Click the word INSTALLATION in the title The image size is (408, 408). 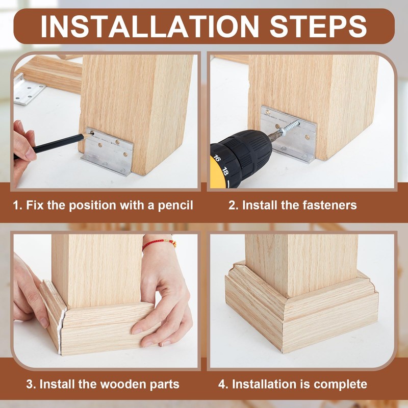point(149,27)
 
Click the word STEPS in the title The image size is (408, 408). point(318,27)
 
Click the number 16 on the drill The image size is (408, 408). point(216,158)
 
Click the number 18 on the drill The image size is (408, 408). point(225,171)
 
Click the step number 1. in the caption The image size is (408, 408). point(18,206)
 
